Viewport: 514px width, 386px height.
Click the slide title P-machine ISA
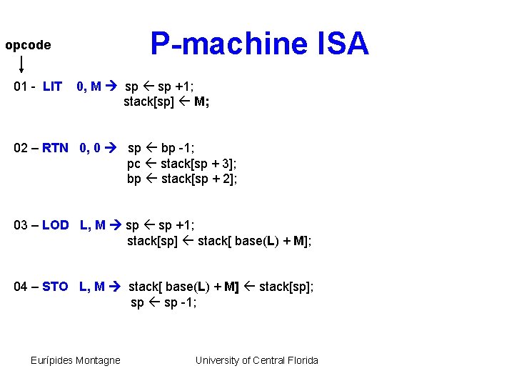coord(259,44)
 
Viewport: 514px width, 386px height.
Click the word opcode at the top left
coord(28,46)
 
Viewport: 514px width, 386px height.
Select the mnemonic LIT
coord(52,86)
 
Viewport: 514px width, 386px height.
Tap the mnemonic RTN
coord(55,149)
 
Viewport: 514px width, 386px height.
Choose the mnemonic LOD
coord(55,225)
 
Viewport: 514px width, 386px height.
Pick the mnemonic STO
coord(55,287)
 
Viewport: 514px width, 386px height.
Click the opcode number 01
coord(21,86)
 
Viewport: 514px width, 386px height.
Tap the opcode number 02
coord(21,149)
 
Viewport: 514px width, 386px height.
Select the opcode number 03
coord(21,225)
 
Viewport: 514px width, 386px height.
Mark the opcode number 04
coord(21,287)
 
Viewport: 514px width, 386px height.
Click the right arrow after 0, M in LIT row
coord(114,86)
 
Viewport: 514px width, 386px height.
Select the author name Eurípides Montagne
coord(76,360)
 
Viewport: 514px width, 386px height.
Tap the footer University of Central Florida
coord(257,360)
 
